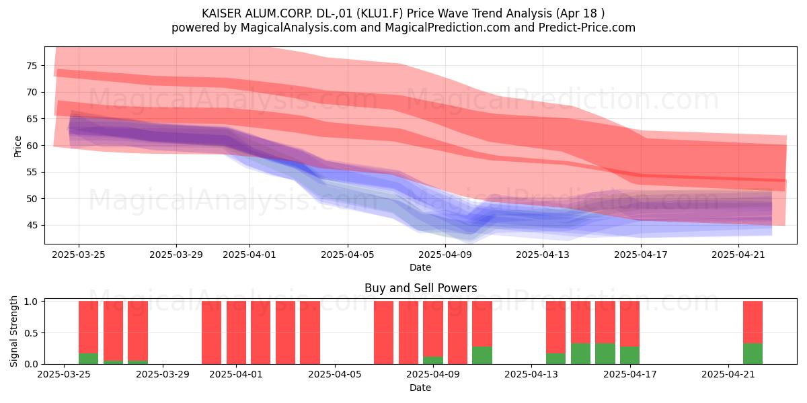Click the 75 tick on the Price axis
click(32, 66)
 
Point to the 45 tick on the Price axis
click(32, 226)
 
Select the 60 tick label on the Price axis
click(32, 146)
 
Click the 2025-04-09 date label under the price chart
click(445, 255)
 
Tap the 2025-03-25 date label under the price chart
click(79, 255)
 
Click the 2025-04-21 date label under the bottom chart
click(728, 375)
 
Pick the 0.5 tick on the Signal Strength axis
click(31, 333)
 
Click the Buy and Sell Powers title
click(420, 288)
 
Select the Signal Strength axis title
click(13, 331)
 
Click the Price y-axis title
click(17, 147)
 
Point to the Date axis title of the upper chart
click(420, 267)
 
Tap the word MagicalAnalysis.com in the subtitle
click(299, 28)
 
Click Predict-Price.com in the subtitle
click(587, 28)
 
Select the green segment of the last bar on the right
click(753, 354)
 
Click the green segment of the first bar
click(88, 359)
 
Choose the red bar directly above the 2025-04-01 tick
click(236, 332)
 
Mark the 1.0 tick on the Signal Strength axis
click(31, 302)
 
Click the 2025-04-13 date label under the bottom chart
click(531, 375)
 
